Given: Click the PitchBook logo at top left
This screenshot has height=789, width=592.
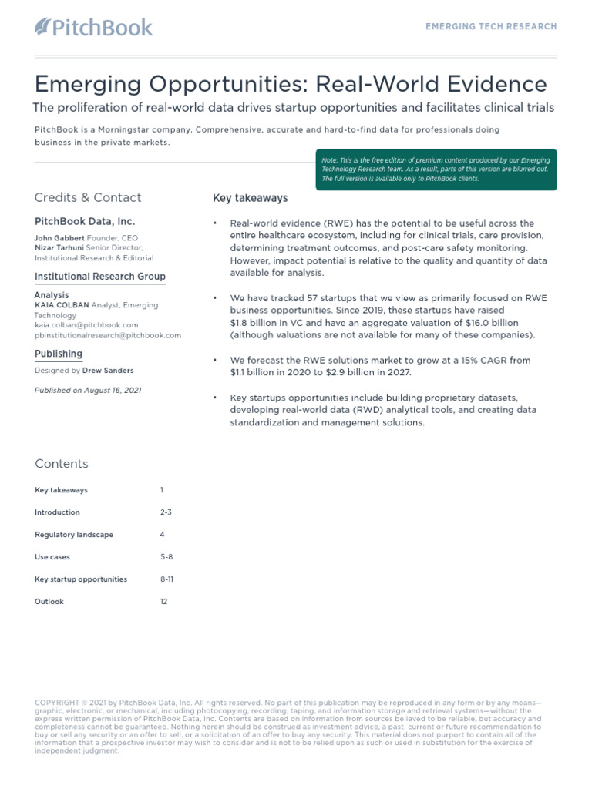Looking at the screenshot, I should [93, 28].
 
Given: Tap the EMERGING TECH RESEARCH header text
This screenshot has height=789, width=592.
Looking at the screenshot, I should [491, 26].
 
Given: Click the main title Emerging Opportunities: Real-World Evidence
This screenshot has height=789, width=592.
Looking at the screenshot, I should [291, 84].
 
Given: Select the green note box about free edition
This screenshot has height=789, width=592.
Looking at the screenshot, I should [439, 170].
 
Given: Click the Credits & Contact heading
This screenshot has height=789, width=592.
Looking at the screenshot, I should [88, 197].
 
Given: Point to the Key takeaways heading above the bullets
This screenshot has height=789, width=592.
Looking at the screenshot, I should [250, 198].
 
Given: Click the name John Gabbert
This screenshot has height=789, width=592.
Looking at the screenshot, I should [59, 238].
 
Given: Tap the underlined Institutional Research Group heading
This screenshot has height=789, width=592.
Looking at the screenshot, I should [99, 277].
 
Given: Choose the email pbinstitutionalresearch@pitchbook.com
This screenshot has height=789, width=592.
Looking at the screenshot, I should [108, 335].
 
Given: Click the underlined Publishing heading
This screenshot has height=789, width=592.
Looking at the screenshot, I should [59, 354].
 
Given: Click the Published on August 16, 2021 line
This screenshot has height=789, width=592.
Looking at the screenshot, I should [88, 391].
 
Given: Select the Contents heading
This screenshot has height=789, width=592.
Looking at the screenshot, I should [62, 464].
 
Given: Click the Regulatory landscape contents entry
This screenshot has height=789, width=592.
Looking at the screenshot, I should [74, 535].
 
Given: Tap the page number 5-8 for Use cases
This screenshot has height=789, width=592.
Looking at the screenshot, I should [166, 556].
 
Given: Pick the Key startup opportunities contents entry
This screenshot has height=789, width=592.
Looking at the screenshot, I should [81, 579].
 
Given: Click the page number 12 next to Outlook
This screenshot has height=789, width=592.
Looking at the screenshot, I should [163, 601].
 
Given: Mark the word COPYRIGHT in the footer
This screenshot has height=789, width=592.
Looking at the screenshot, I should [56, 703].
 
